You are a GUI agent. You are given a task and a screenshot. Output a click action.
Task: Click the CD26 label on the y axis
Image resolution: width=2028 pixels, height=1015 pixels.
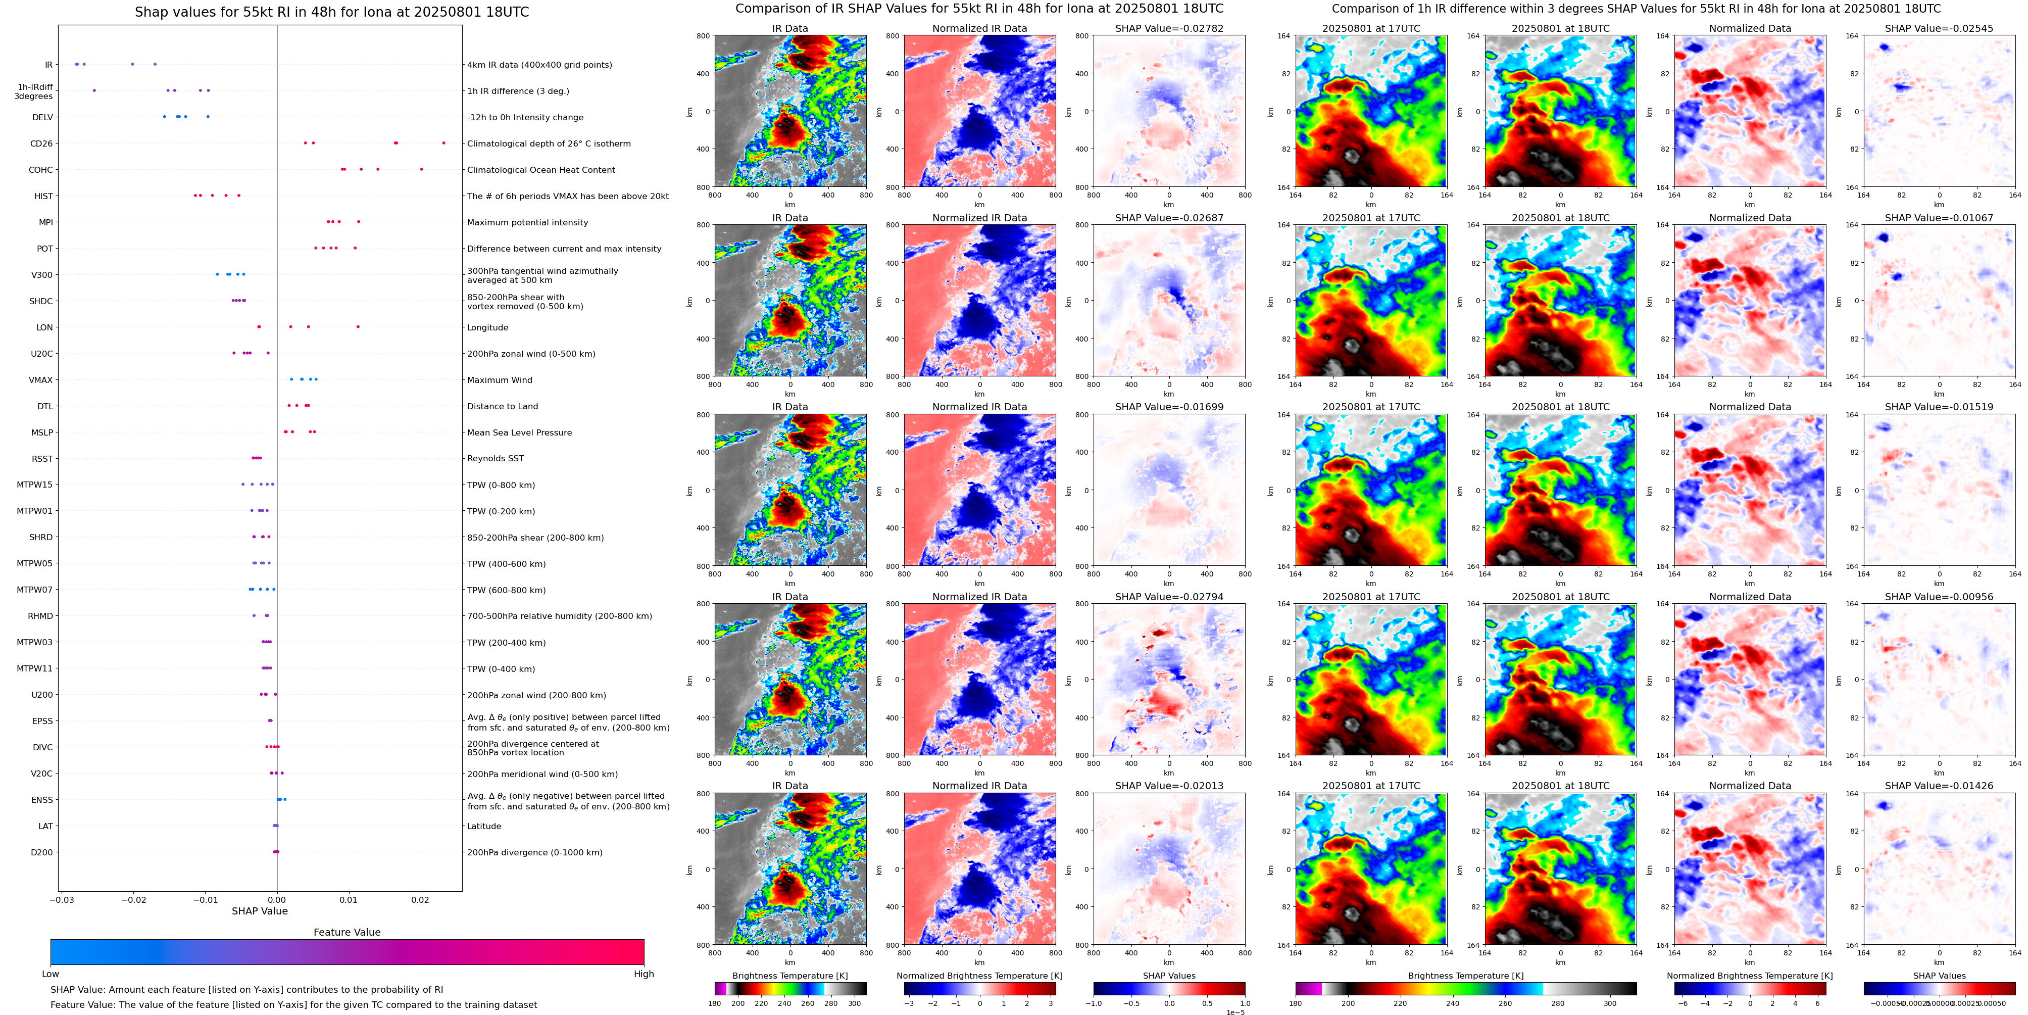[41, 143]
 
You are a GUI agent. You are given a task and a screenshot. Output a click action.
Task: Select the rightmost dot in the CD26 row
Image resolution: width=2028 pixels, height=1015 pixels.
[443, 142]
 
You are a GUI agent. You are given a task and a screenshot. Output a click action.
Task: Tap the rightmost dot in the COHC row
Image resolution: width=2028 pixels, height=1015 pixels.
[421, 169]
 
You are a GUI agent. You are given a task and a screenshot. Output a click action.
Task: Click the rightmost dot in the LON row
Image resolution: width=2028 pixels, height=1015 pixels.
[358, 327]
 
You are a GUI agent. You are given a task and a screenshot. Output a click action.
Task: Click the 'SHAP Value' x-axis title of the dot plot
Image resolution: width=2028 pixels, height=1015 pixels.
[259, 911]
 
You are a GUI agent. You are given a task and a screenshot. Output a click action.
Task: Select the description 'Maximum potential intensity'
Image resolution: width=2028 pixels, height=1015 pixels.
[527, 223]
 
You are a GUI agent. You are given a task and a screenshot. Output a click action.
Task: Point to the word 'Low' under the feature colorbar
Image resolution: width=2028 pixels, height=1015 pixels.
[51, 974]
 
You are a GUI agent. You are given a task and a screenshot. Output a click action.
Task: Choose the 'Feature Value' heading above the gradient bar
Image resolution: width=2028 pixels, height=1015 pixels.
[347, 932]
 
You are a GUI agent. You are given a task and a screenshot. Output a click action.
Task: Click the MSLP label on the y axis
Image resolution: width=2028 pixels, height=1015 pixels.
[42, 432]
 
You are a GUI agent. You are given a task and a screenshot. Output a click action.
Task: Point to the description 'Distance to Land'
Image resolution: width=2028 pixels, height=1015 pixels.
[502, 406]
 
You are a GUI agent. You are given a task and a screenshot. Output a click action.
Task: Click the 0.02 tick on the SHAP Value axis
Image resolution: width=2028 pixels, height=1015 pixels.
[420, 899]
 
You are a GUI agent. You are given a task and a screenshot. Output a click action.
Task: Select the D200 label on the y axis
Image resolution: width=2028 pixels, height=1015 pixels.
[42, 852]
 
